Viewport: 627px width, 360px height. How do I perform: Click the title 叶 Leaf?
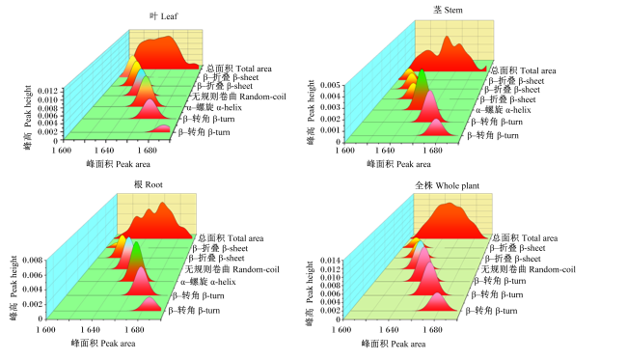coord(164,16)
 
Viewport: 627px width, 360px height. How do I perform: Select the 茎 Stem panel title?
coord(448,10)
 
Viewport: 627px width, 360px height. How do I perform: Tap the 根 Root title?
coord(149,184)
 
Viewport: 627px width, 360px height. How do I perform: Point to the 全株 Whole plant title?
coord(447,185)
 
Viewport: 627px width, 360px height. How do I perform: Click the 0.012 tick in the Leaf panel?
coord(47,92)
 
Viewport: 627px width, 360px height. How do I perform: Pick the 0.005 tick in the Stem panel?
coord(330,85)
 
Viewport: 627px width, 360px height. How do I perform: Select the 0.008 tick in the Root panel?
coord(33,261)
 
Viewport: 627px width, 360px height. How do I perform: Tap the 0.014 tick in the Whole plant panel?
coord(330,261)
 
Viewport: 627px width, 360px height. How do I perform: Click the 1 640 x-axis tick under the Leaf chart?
coord(104,151)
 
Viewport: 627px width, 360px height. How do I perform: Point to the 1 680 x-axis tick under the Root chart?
coord(134,330)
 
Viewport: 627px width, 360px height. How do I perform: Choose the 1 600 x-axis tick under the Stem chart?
coord(344,151)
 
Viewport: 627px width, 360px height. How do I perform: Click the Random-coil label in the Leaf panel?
coord(239,97)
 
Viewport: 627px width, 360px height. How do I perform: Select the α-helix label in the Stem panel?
coord(504,110)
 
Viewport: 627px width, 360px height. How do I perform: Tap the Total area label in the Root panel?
coord(232,238)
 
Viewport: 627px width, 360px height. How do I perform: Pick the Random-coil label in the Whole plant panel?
coord(529,269)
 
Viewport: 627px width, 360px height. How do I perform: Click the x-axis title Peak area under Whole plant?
coord(394,344)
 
